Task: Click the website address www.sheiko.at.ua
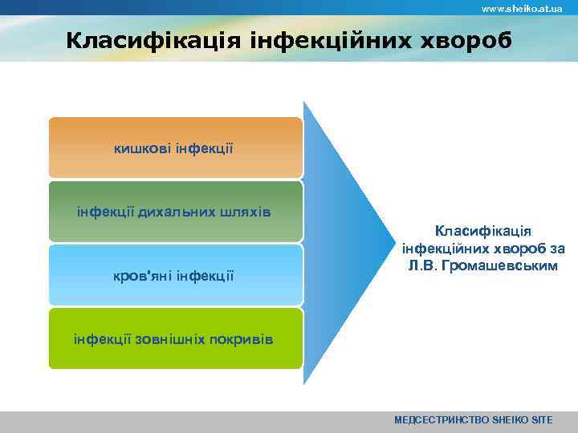pos(521,8)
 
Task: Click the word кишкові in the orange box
pos(140,148)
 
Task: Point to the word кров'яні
pos(141,276)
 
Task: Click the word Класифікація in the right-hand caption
pos(478,230)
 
